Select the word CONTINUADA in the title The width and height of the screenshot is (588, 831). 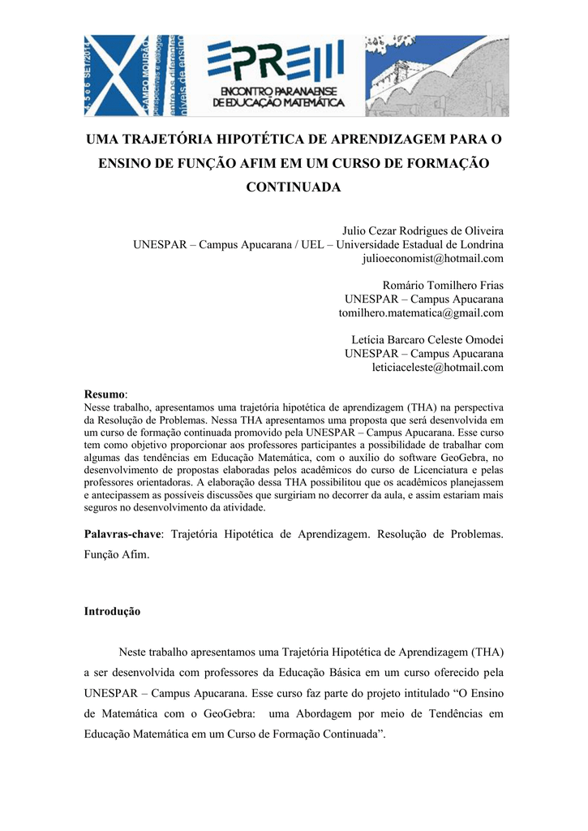tap(294, 187)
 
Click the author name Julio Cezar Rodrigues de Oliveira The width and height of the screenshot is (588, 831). tap(423, 230)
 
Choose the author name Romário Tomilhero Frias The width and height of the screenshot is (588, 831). tap(443, 285)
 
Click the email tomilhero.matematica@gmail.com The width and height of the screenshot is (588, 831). tap(421, 312)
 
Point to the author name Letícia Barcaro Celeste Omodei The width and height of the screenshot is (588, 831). tap(422, 339)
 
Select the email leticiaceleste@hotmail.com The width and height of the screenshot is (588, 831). tap(437, 367)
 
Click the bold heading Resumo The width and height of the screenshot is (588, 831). tap(105, 393)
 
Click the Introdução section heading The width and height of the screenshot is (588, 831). tap(113, 611)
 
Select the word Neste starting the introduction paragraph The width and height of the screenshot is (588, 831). tap(134, 651)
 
